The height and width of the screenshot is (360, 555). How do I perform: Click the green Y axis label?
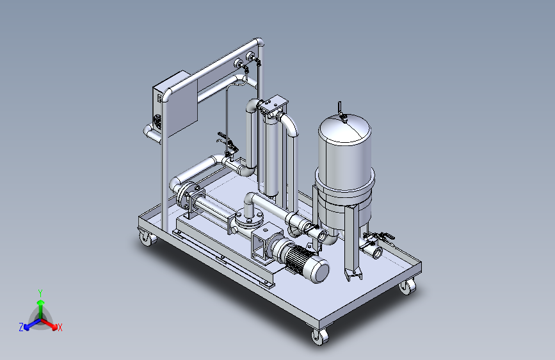(40, 293)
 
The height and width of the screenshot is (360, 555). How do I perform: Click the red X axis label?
(60, 327)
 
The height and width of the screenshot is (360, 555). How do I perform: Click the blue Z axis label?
(21, 327)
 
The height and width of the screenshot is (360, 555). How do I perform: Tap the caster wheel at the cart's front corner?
(319, 336)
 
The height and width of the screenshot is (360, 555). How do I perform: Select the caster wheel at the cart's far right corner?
(408, 286)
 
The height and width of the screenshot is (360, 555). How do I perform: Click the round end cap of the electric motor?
(320, 272)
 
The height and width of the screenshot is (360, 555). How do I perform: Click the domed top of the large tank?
(344, 125)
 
